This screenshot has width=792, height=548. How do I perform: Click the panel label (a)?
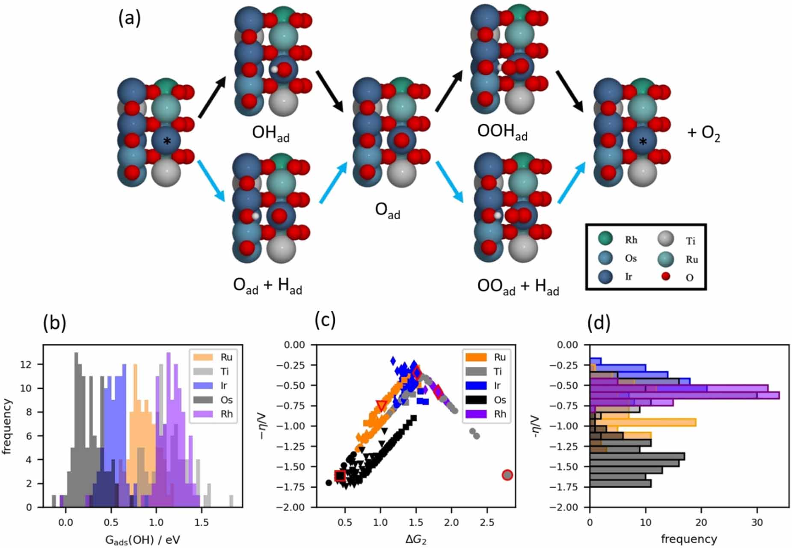click(x=129, y=19)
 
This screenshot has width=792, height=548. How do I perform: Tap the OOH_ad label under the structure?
click(x=502, y=132)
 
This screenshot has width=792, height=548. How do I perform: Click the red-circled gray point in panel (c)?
click(x=507, y=475)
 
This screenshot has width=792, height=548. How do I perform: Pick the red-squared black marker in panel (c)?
click(x=340, y=476)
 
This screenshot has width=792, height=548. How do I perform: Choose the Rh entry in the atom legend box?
click(x=619, y=239)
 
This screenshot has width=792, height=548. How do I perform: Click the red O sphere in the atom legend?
click(x=665, y=276)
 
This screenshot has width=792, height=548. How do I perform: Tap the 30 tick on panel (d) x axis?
click(x=757, y=522)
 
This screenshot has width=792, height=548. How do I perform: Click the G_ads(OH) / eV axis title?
click(x=142, y=540)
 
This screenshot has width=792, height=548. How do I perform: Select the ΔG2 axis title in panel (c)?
click(x=415, y=540)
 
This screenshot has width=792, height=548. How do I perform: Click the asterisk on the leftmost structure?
click(x=167, y=141)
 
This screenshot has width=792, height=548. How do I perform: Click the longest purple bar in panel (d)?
click(x=685, y=395)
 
